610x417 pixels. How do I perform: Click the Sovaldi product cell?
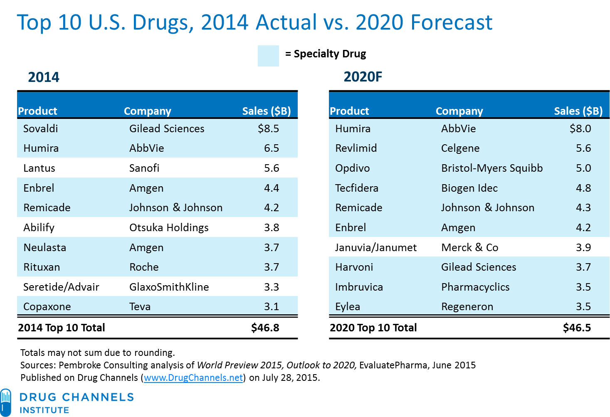(x=41, y=128)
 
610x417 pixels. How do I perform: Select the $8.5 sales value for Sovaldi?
(x=268, y=128)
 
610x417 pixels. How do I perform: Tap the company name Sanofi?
(x=144, y=168)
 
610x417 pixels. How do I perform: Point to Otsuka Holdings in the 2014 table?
(x=169, y=227)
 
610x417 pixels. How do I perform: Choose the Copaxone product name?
(x=47, y=306)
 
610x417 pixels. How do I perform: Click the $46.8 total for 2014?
(x=265, y=328)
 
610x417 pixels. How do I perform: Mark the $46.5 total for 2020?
(x=577, y=328)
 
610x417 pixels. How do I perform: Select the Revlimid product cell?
(x=356, y=148)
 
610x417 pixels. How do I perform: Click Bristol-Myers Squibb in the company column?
(x=492, y=168)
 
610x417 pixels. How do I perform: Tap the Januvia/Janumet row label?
(x=376, y=247)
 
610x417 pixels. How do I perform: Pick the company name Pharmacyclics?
(x=475, y=287)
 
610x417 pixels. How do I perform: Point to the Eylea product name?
(x=348, y=306)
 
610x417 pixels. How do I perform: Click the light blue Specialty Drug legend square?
(x=268, y=56)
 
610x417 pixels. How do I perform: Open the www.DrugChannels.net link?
(x=193, y=378)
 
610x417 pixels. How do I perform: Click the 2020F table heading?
(x=363, y=77)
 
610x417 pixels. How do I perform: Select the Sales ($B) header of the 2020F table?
(x=578, y=111)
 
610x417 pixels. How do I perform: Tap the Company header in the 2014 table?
(x=148, y=111)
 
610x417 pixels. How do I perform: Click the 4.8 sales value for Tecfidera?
(x=583, y=188)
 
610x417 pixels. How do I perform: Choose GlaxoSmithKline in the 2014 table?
(x=169, y=287)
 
